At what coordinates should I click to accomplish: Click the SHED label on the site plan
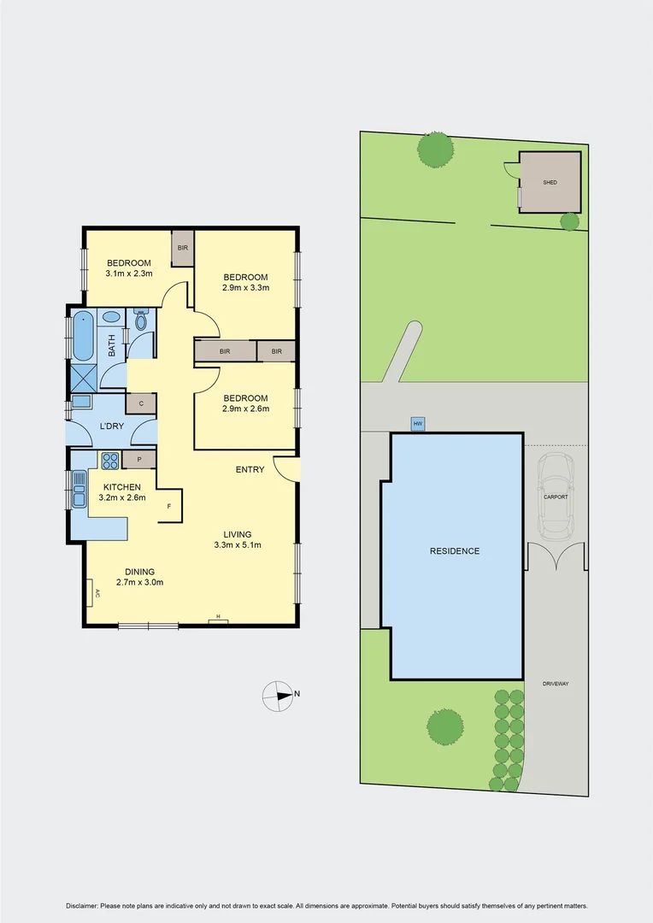pyautogui.click(x=550, y=183)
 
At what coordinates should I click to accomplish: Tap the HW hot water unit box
pyautogui.click(x=418, y=424)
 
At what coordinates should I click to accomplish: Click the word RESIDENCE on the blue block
pyautogui.click(x=455, y=551)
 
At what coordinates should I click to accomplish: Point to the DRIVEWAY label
pyautogui.click(x=556, y=684)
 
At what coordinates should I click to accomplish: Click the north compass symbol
pyautogui.click(x=279, y=696)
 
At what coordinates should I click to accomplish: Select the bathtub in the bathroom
pyautogui.click(x=83, y=336)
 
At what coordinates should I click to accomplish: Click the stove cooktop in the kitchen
pyautogui.click(x=110, y=461)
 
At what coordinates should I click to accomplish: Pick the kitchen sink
pyautogui.click(x=79, y=495)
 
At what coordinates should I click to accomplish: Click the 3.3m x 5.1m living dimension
pyautogui.click(x=237, y=544)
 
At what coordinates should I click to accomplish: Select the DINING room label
pyautogui.click(x=140, y=572)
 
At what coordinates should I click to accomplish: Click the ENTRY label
pyautogui.click(x=250, y=470)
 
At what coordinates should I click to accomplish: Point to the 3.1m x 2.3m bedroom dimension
pyautogui.click(x=128, y=274)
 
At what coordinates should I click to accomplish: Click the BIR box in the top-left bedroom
pyautogui.click(x=182, y=249)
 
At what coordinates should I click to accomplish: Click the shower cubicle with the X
pyautogui.click(x=84, y=377)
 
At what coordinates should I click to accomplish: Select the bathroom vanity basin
pyautogui.click(x=111, y=317)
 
